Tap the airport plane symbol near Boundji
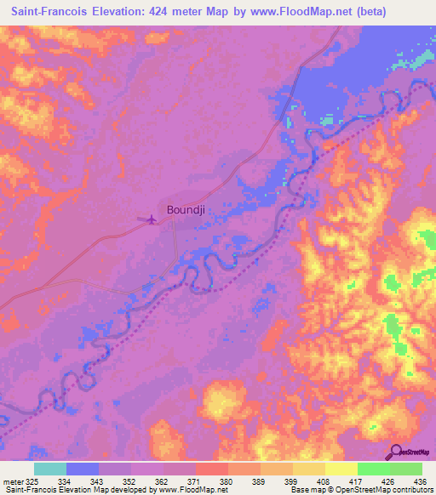[x=152, y=220]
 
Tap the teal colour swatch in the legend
[x=50, y=469]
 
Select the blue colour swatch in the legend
[x=83, y=469]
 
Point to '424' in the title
[x=166, y=12]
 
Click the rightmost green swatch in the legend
[x=406, y=469]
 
